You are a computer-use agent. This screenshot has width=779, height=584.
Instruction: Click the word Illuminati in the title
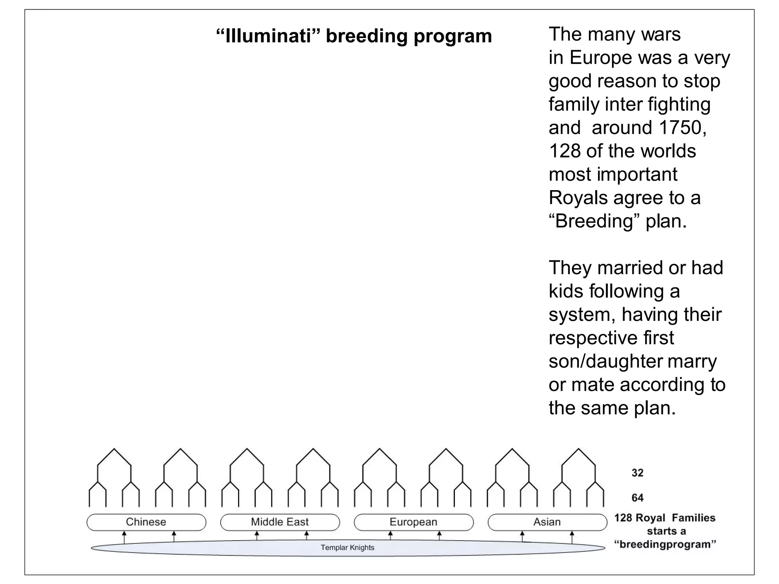point(269,36)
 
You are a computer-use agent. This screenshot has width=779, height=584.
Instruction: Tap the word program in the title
point(452,36)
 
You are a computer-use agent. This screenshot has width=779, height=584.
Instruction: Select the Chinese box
point(146,522)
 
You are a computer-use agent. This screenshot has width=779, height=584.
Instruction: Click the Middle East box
point(280,522)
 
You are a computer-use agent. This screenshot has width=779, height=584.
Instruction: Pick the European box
point(413,522)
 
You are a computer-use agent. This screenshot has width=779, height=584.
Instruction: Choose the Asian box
point(547,522)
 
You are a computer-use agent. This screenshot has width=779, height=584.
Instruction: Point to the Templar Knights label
point(347,547)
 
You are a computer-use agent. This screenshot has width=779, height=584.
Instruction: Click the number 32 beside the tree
point(638,473)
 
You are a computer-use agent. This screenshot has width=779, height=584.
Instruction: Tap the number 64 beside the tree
point(638,498)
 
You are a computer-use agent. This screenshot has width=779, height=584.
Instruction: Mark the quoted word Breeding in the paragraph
point(594,221)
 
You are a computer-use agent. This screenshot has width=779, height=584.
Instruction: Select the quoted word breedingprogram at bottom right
point(665,544)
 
